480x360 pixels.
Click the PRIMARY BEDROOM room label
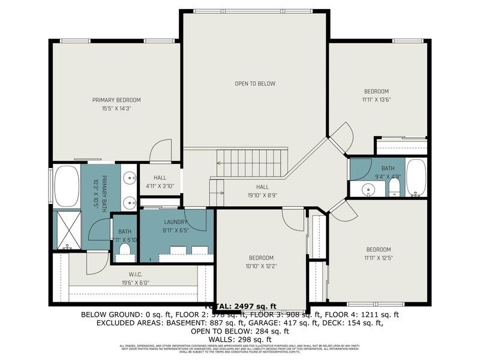pyautogui.click(x=116, y=100)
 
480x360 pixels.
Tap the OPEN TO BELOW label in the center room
pyautogui.click(x=255, y=83)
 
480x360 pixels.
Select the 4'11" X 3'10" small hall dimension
pyautogui.click(x=160, y=186)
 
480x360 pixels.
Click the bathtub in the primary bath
pyautogui.click(x=67, y=185)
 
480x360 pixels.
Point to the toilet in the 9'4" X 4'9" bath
pyautogui.click(x=394, y=189)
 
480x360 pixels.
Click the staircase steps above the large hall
pyautogui.click(x=248, y=163)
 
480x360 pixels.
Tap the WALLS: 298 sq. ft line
pyautogui.click(x=240, y=339)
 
